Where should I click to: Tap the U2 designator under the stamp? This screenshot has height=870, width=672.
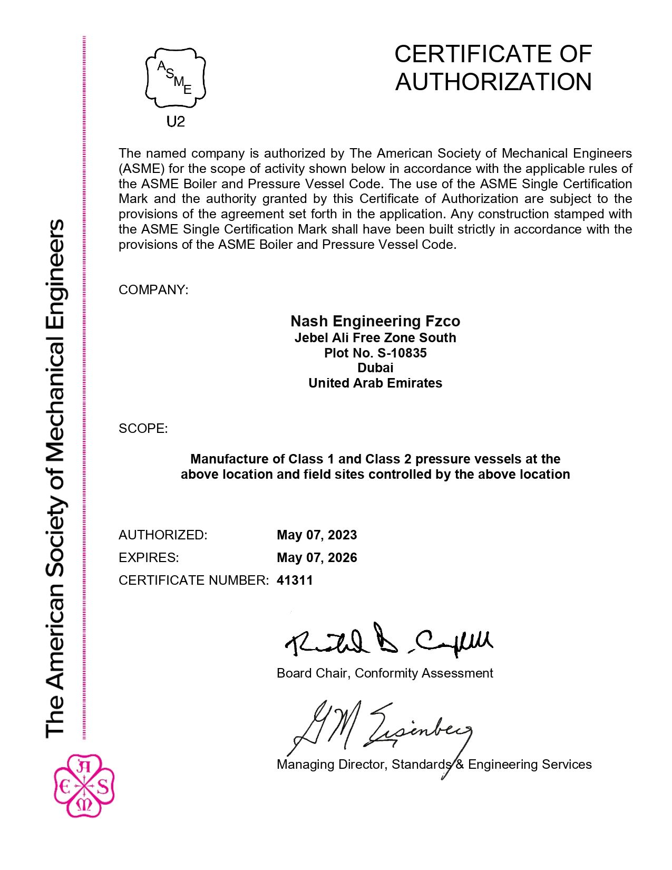pyautogui.click(x=176, y=122)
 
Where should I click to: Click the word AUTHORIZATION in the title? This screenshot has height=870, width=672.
pyautogui.click(x=493, y=82)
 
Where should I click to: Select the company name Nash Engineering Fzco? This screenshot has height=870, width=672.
pyautogui.click(x=375, y=321)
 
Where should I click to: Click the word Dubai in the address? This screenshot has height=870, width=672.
pyautogui.click(x=375, y=368)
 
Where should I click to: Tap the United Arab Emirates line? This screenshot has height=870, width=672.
pyautogui.click(x=375, y=383)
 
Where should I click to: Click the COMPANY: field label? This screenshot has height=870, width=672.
pyautogui.click(x=153, y=290)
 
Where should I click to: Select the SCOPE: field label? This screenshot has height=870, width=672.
pyautogui.click(x=143, y=428)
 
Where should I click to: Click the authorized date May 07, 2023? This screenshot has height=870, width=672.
pyautogui.click(x=317, y=535)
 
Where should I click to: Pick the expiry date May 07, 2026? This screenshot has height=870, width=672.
pyautogui.click(x=317, y=557)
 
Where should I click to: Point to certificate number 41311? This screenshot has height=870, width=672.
pyautogui.click(x=295, y=580)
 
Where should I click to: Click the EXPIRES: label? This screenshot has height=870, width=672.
pyautogui.click(x=149, y=557)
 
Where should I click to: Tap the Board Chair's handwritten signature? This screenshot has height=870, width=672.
pyautogui.click(x=389, y=641)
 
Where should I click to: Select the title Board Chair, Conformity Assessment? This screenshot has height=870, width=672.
pyautogui.click(x=385, y=673)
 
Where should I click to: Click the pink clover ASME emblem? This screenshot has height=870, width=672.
pyautogui.click(x=84, y=786)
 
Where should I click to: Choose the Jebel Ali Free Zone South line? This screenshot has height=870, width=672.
pyautogui.click(x=375, y=337)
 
